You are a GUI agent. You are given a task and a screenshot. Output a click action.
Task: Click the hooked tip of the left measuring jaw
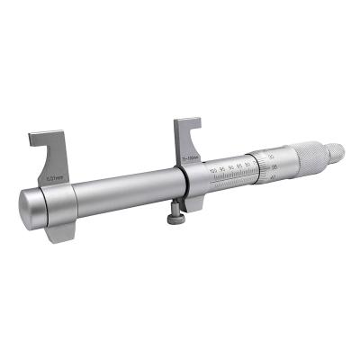(x=33, y=138)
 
